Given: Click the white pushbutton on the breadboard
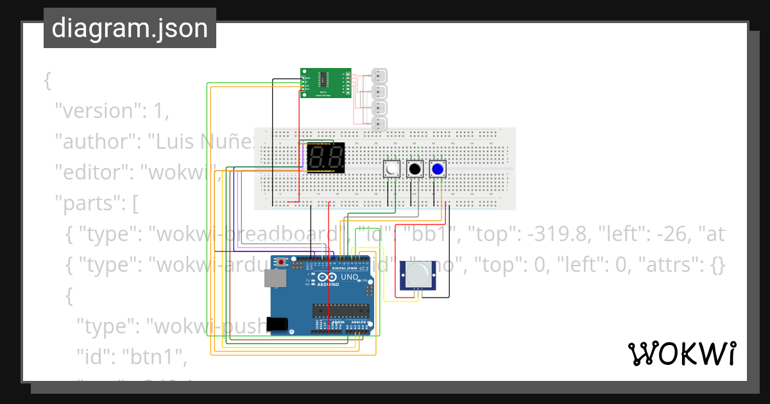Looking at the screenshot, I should (391, 169).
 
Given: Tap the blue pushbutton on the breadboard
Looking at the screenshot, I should (438, 169).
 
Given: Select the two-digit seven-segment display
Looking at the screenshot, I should (326, 157).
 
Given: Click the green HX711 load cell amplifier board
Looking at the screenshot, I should (326, 83).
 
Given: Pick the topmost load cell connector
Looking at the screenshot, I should (380, 75).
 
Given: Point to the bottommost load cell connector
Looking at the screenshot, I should (380, 122).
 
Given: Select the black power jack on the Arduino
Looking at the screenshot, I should (277, 324).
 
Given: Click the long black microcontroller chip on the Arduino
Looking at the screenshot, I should (339, 311).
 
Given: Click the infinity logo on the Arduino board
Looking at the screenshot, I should (326, 278).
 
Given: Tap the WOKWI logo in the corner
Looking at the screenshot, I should (681, 353).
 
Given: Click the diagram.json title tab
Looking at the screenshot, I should (130, 28).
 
